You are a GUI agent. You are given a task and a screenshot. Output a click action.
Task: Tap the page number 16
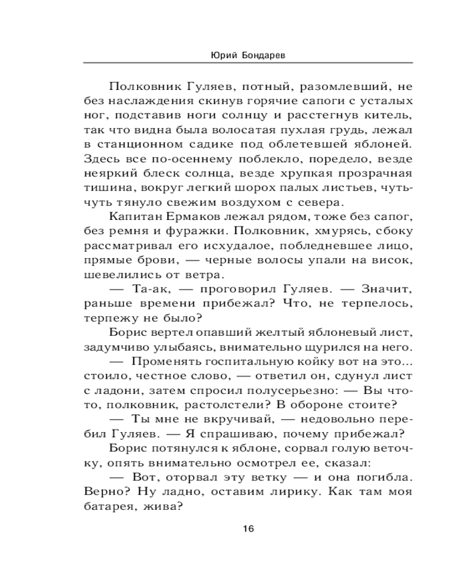248,528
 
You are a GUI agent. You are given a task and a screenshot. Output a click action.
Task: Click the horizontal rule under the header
248,63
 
